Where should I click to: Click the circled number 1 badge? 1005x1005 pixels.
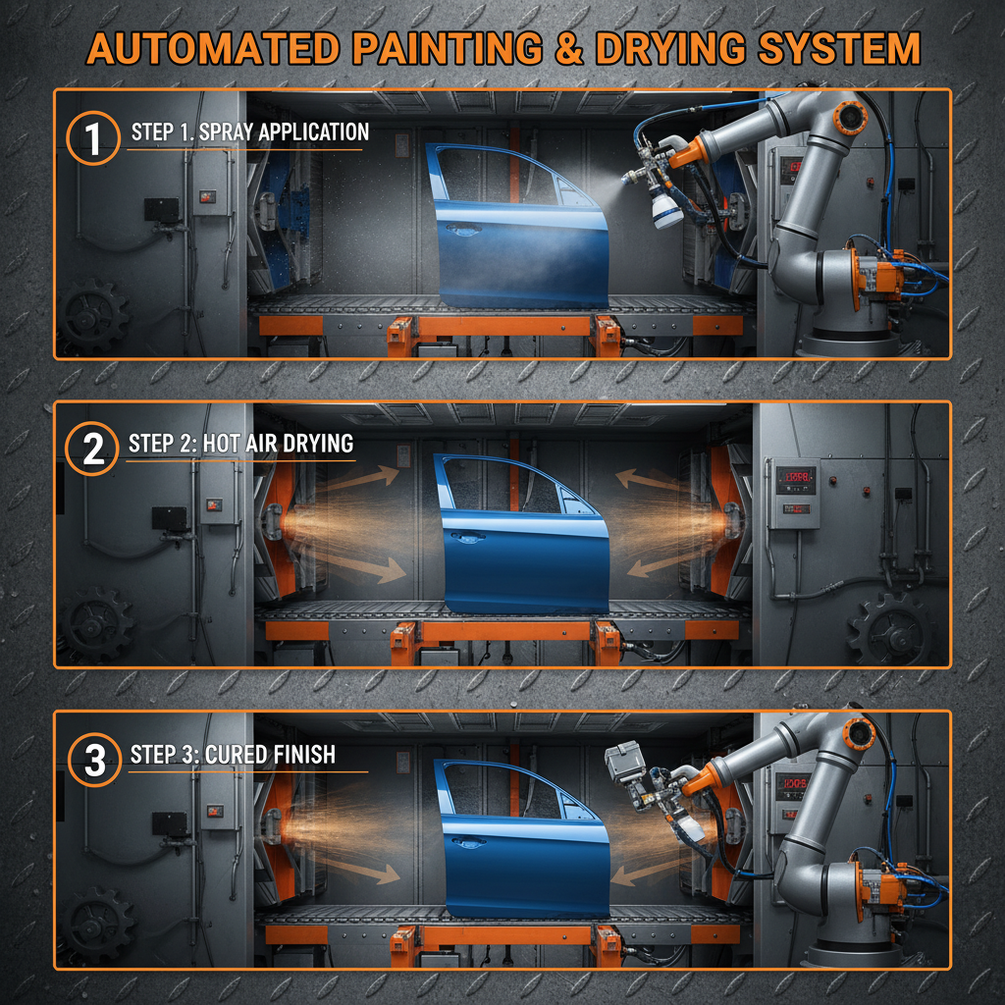93,138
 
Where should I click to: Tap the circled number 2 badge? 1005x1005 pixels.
93,449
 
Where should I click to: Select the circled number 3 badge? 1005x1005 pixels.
95,761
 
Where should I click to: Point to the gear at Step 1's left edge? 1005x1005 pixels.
93,314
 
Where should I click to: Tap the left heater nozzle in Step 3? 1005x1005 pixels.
271,824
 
